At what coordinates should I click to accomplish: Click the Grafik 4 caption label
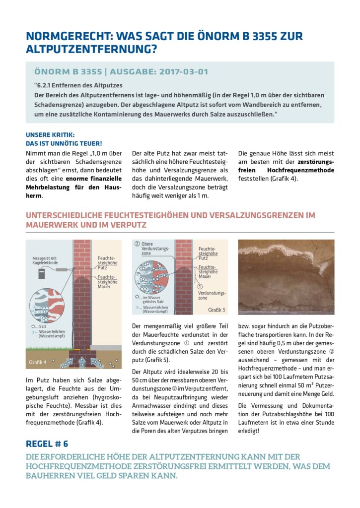point(38,362)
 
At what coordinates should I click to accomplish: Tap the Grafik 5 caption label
point(216,310)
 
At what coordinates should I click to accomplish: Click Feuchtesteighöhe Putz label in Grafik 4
point(107,262)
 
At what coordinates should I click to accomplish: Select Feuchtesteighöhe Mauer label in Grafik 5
point(208,271)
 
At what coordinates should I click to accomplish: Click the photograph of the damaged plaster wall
point(286,277)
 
